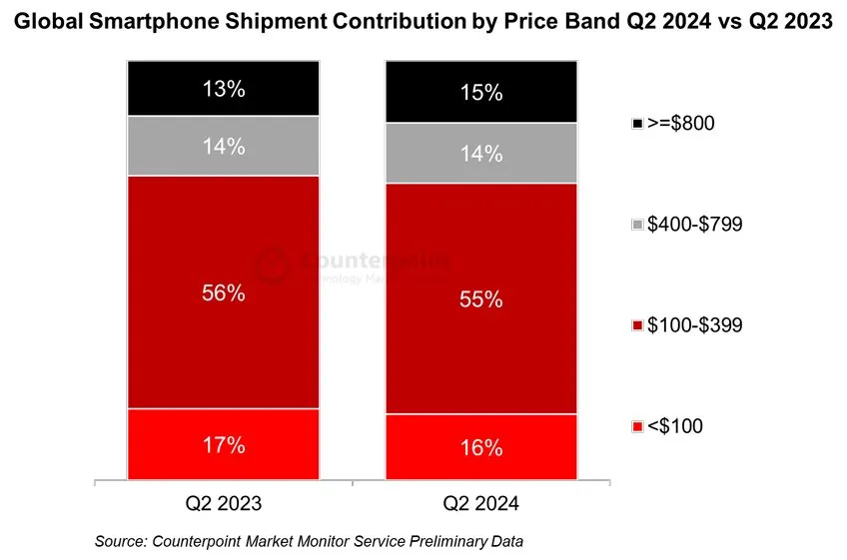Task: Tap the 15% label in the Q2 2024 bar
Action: coord(481,93)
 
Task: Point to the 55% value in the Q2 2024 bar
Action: coord(481,298)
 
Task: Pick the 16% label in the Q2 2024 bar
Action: coord(481,448)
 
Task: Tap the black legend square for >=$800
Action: coord(637,124)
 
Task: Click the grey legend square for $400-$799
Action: coord(637,225)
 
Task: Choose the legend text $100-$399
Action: coord(694,325)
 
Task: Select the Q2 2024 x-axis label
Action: coord(481,502)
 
